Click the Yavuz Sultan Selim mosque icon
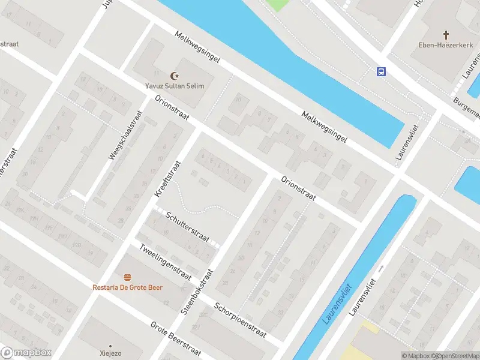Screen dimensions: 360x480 click(175, 76)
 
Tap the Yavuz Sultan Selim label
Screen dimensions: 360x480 click(175, 86)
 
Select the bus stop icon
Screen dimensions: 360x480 click(381, 71)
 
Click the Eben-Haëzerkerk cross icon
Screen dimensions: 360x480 click(446, 35)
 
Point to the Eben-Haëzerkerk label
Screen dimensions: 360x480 click(446, 45)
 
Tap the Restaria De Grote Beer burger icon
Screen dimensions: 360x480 click(127, 277)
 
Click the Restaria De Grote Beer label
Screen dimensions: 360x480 click(127, 287)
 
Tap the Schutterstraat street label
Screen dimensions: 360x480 click(188, 226)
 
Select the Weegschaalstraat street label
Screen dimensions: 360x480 click(125, 136)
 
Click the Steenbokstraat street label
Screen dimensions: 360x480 click(197, 292)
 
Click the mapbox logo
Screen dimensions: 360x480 click(26, 353)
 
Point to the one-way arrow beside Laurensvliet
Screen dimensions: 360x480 click(380, 268)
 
